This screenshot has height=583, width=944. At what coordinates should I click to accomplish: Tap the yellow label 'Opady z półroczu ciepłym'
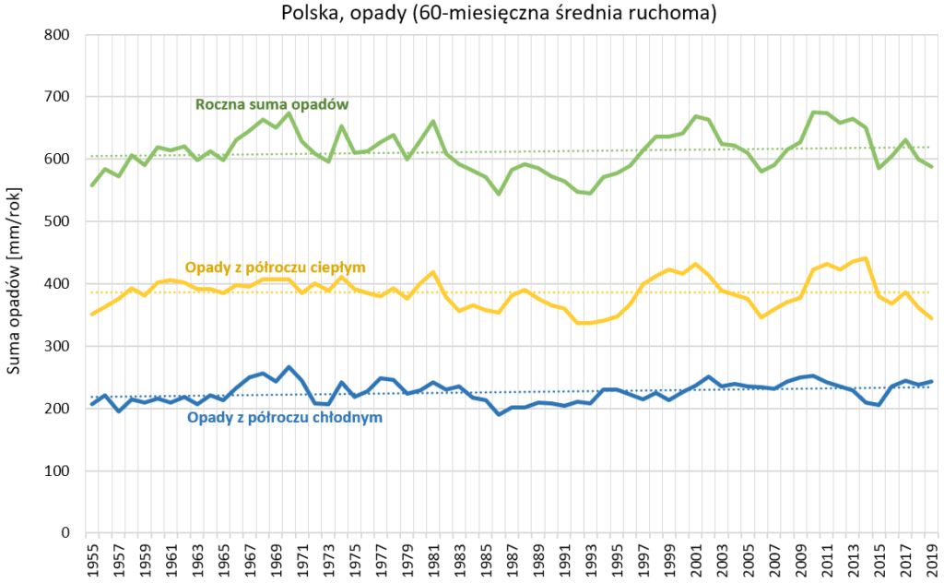pyautogui.click(x=276, y=268)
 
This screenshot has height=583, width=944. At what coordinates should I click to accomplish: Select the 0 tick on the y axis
pyautogui.click(x=65, y=533)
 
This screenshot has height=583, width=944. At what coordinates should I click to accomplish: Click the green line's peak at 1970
pyautogui.click(x=289, y=113)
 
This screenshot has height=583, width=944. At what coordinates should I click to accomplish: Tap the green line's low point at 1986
pyautogui.click(x=498, y=194)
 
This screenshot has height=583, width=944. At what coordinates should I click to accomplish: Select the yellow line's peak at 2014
pyautogui.click(x=865, y=258)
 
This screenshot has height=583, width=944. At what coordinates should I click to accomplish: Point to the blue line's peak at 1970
pyautogui.click(x=289, y=367)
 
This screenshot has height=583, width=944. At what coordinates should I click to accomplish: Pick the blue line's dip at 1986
pyautogui.click(x=498, y=414)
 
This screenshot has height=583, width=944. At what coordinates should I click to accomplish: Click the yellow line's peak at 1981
pyautogui.click(x=432, y=272)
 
